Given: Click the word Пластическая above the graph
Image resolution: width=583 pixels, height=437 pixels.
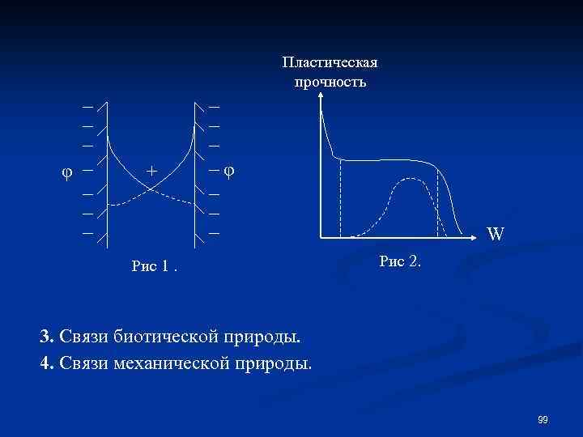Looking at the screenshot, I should (x=330, y=62).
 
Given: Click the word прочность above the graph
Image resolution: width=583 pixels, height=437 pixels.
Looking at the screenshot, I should (x=330, y=82).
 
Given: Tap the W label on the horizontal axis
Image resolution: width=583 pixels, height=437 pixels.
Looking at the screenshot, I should (x=495, y=235).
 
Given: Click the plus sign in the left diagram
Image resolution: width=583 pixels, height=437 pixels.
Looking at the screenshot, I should (x=151, y=171).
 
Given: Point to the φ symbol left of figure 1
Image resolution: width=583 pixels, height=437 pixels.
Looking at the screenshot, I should (x=68, y=172).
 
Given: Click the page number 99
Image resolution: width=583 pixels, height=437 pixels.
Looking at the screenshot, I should (x=543, y=419).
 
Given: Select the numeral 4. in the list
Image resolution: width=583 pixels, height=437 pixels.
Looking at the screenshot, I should (x=46, y=361).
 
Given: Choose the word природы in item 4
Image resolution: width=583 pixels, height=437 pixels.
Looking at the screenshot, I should (x=272, y=361).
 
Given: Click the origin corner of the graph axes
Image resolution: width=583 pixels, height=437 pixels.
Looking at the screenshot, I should (x=321, y=238).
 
